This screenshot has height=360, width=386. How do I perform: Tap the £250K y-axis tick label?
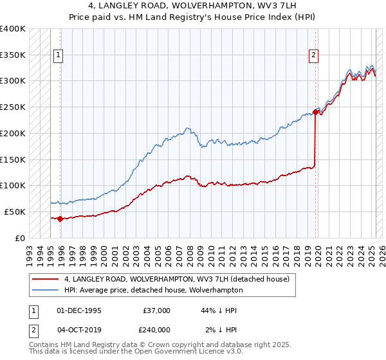13,107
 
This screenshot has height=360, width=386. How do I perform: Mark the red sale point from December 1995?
60,219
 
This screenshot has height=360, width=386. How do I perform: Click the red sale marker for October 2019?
316,112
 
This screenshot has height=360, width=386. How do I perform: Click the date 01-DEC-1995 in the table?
79,310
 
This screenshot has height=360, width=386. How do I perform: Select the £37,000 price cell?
157,310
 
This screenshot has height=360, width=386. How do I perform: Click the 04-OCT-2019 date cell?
79,330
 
